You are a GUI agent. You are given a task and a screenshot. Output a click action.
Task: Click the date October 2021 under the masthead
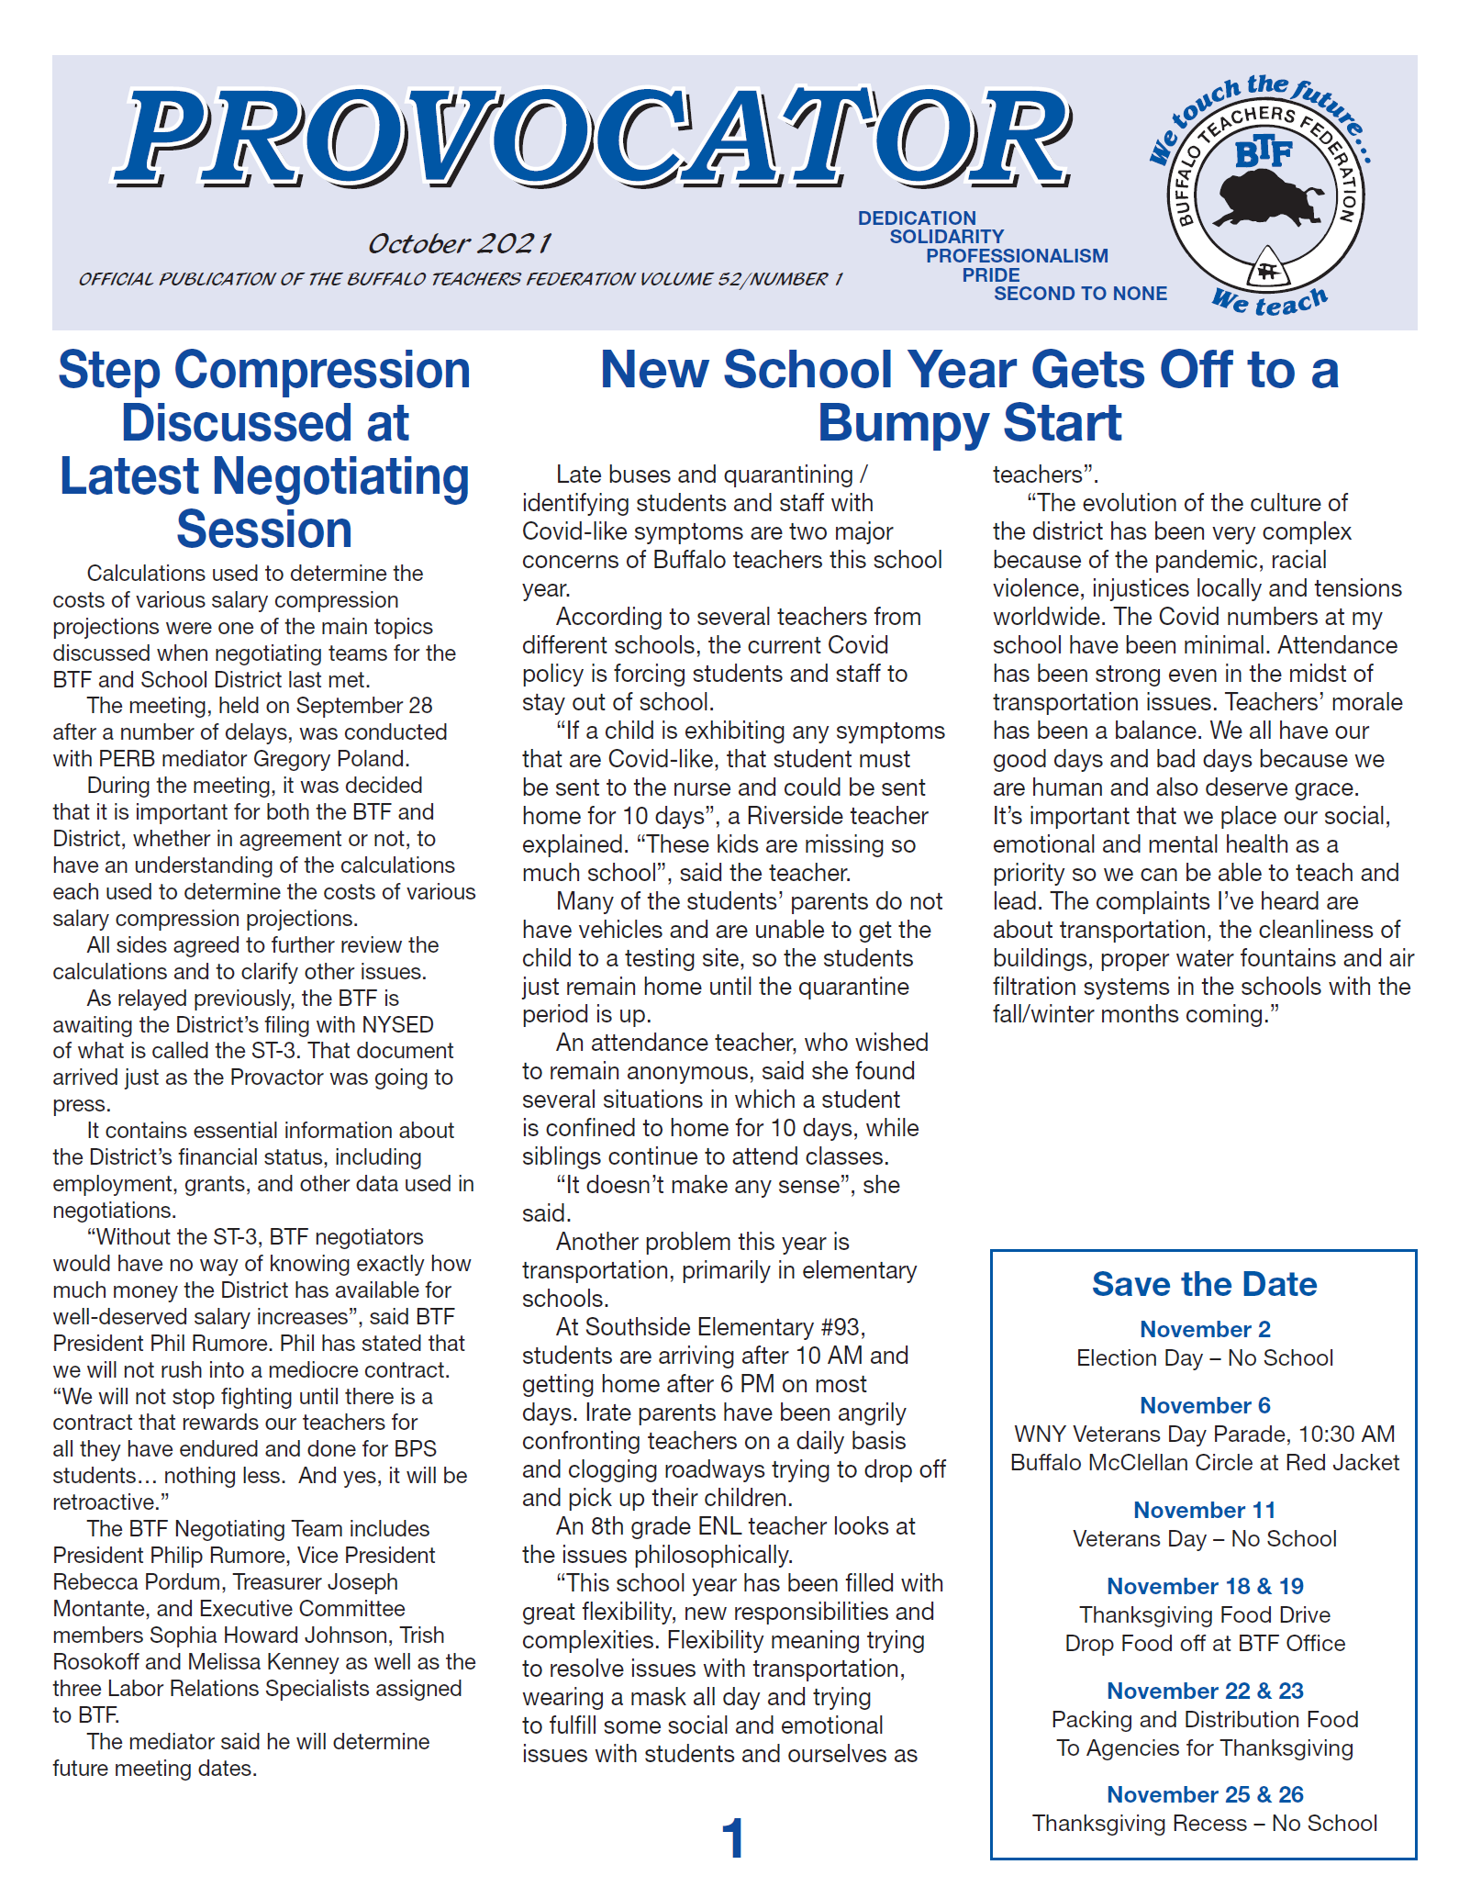pos(459,243)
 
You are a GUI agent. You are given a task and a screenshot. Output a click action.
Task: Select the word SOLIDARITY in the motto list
pos(946,237)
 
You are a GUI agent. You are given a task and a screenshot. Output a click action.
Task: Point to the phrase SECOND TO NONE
pos(1080,294)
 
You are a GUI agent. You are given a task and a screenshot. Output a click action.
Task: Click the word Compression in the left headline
pos(322,370)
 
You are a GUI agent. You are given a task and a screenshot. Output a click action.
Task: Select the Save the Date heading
pos(1204,1284)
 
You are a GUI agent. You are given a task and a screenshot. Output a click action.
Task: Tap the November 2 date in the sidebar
pos(1204,1329)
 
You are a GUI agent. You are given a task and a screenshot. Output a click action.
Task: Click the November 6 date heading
pos(1204,1405)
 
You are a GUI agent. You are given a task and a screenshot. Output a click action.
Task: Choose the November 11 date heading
pos(1204,1510)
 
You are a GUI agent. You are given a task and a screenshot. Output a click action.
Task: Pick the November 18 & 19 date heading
pos(1204,1586)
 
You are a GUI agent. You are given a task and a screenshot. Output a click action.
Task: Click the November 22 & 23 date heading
pos(1204,1691)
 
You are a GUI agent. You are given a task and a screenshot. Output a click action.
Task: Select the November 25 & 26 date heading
pos(1204,1794)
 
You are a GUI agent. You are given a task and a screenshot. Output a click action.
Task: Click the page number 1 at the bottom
pos(732,1839)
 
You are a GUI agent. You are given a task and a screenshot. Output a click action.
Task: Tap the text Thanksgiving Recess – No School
pos(1204,1823)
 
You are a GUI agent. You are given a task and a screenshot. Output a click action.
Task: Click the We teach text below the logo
pos(1269,301)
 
